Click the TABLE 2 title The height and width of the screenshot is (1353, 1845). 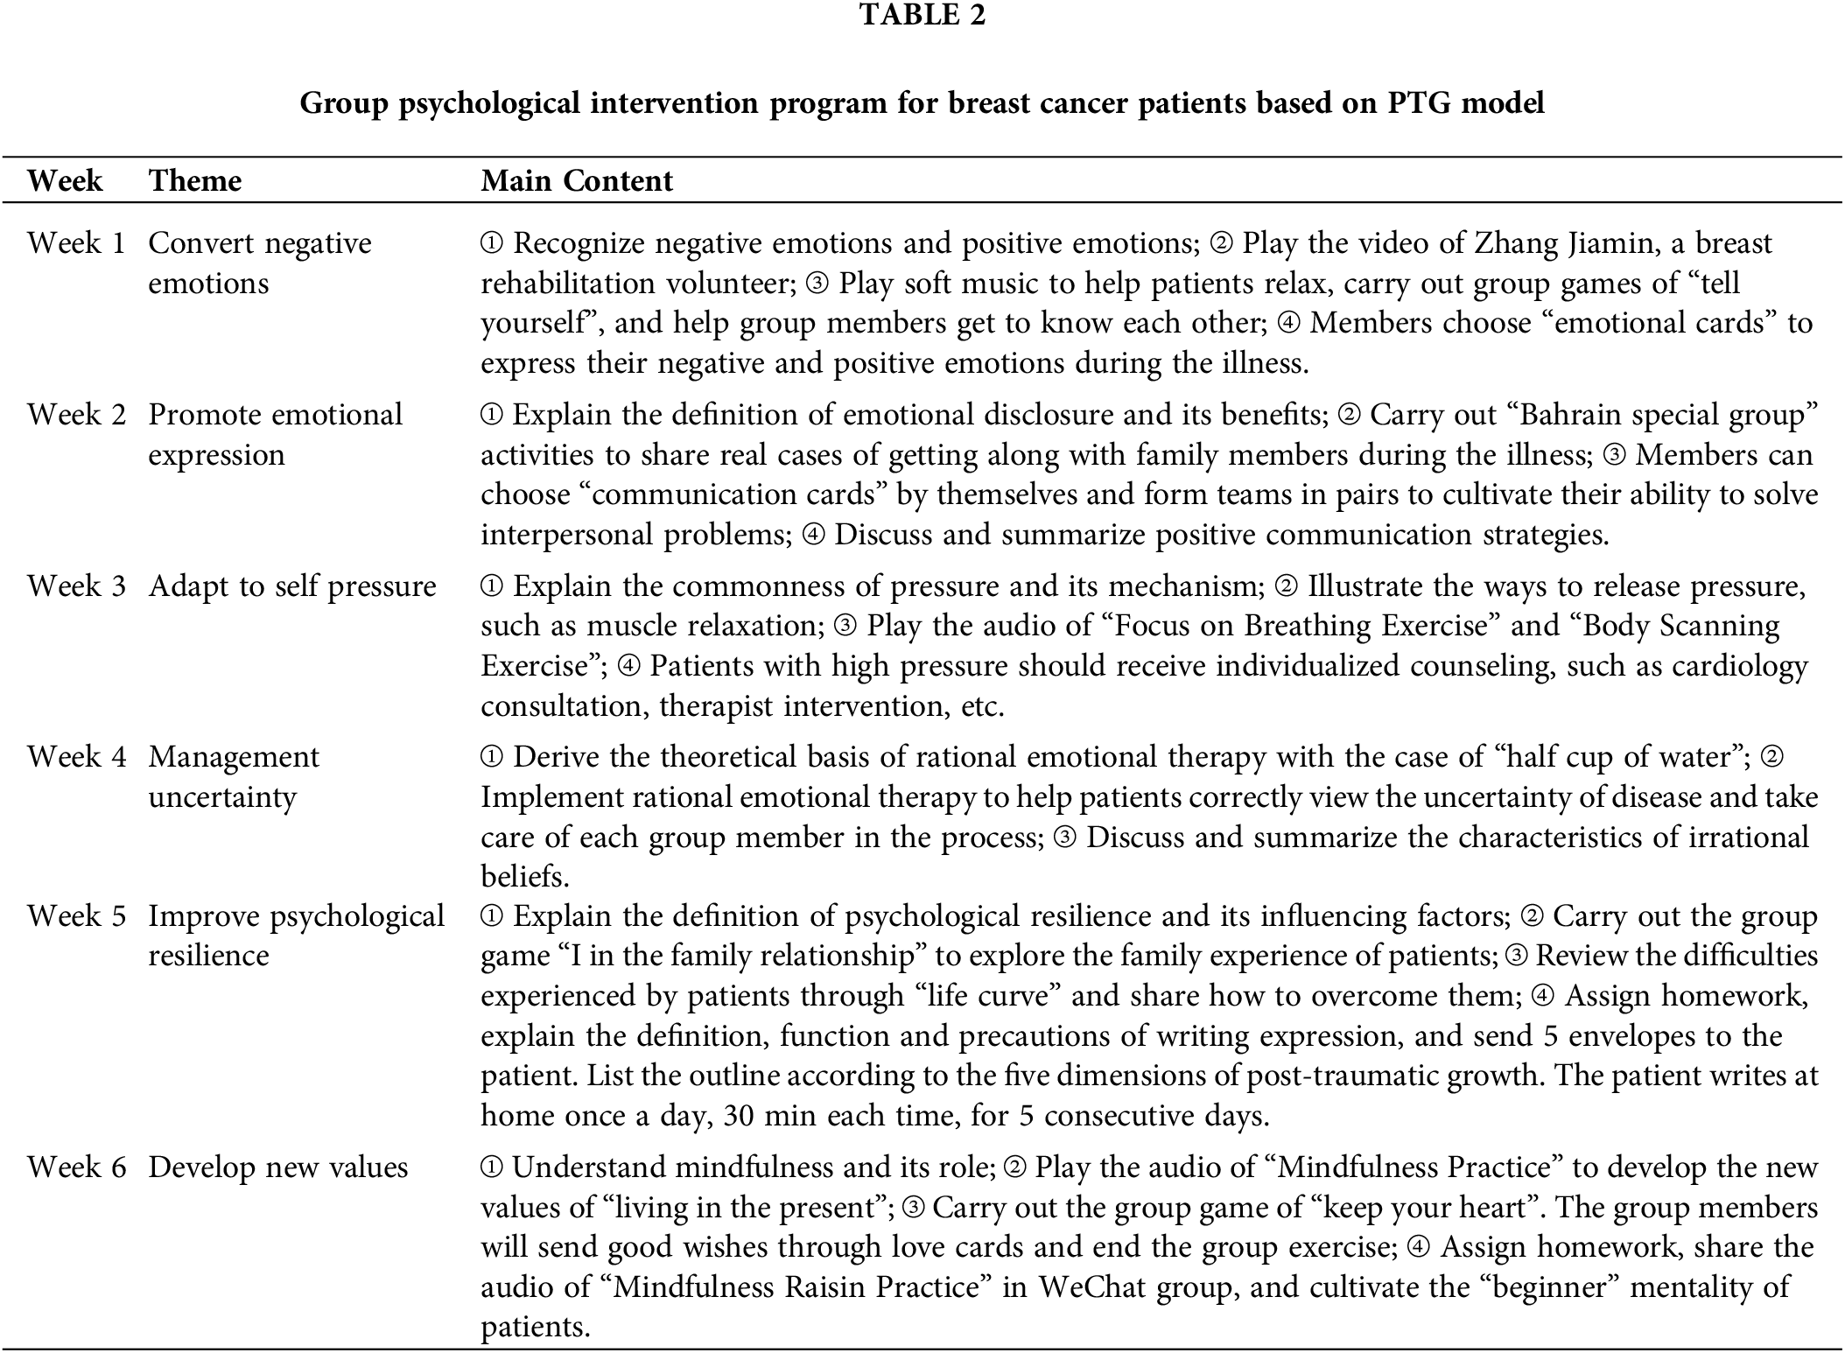click(x=922, y=15)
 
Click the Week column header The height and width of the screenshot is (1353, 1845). click(x=65, y=181)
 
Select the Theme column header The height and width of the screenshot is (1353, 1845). click(x=194, y=181)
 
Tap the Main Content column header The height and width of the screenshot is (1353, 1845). click(x=577, y=181)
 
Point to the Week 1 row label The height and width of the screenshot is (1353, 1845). click(x=77, y=243)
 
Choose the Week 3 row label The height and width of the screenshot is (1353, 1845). click(x=77, y=586)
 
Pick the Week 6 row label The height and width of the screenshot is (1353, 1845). click(x=77, y=1167)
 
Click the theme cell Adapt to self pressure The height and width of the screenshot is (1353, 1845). click(x=291, y=586)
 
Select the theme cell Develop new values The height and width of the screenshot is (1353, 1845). click(x=277, y=1167)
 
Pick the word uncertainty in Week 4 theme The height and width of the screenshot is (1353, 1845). click(x=222, y=797)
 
